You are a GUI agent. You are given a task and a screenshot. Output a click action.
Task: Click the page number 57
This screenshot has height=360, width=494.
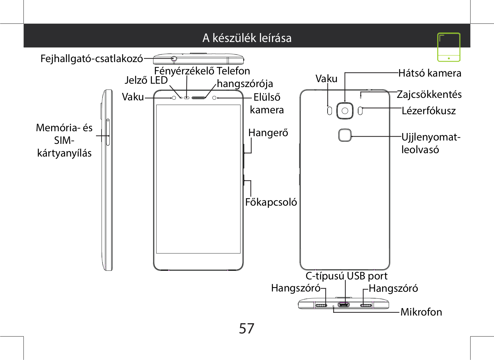[247, 329]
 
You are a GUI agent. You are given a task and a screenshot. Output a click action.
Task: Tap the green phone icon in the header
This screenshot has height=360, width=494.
[449, 47]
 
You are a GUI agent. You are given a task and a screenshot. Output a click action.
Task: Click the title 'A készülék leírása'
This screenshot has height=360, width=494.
[247, 38]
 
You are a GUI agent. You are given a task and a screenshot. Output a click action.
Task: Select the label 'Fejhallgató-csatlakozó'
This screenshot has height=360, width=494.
[92, 59]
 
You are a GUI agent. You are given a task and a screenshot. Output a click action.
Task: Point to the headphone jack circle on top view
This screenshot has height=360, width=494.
[174, 59]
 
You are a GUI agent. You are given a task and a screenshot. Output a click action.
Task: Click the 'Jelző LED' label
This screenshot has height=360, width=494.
[146, 80]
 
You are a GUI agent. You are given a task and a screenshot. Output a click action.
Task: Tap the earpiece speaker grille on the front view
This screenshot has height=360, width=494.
[198, 98]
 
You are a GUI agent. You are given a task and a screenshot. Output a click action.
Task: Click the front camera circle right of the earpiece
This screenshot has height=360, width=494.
[214, 98]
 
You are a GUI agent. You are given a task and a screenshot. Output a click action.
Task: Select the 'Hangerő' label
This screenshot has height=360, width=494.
[268, 133]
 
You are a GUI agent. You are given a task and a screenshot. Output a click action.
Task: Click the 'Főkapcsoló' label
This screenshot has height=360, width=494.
[271, 202]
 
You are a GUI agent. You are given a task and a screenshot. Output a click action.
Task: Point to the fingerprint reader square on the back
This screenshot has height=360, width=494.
[345, 135]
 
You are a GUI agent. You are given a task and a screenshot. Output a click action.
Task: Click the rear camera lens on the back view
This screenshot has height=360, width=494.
[345, 111]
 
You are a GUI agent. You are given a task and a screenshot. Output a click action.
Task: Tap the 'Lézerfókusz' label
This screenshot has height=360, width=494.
[429, 111]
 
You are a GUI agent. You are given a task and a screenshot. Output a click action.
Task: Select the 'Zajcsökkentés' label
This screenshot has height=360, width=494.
[429, 94]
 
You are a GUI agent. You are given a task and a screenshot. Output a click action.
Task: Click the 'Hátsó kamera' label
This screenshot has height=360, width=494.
[430, 73]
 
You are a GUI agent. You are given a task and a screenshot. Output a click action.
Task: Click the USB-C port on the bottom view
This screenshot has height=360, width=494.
[344, 305]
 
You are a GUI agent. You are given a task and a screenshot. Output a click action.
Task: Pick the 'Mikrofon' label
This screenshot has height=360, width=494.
[421, 312]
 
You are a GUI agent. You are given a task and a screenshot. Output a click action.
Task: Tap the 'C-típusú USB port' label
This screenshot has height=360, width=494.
[346, 276]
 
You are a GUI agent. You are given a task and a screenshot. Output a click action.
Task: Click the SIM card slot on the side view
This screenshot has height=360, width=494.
[108, 132]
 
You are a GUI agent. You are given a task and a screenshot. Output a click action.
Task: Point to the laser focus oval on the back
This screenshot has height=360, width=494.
[360, 111]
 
